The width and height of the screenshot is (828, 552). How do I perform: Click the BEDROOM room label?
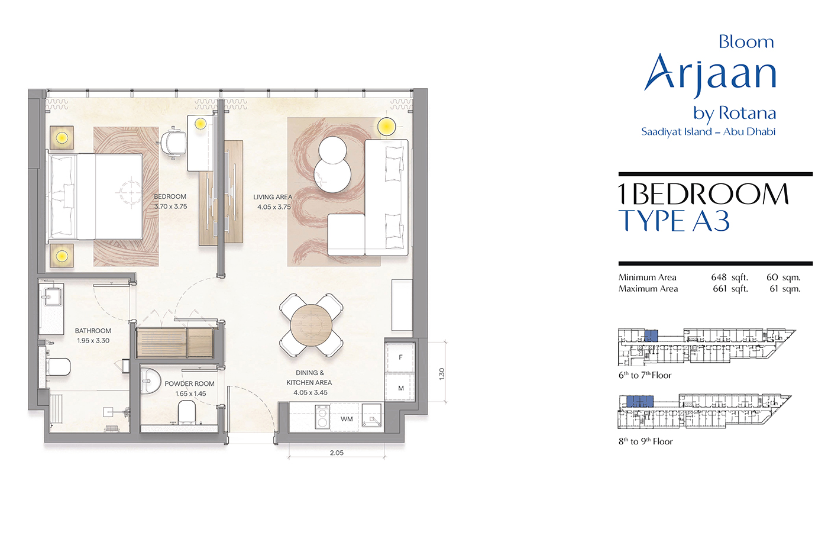(170, 196)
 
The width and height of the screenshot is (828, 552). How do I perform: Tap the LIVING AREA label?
(273, 197)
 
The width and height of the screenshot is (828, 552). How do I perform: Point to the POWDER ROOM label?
(190, 384)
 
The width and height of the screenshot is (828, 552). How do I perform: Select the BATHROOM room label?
(93, 331)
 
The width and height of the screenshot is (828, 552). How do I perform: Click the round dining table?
(311, 325)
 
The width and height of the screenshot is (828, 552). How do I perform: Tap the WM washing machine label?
(347, 419)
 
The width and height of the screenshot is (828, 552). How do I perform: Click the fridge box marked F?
(400, 357)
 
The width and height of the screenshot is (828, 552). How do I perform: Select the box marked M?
(400, 388)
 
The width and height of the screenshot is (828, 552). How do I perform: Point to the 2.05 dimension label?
(337, 453)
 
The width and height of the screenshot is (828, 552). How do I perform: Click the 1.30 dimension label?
(442, 373)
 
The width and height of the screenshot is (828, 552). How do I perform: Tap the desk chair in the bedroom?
(173, 143)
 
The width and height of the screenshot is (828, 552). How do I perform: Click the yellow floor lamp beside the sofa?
(386, 127)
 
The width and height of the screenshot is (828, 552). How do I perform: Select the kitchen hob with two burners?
(322, 417)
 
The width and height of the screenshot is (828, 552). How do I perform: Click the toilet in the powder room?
(187, 412)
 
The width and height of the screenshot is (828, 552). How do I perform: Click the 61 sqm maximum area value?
(785, 289)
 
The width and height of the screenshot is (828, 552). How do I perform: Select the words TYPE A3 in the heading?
(674, 221)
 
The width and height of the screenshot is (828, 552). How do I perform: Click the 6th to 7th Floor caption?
(645, 375)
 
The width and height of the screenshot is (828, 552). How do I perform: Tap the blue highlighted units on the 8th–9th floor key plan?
(640, 401)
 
